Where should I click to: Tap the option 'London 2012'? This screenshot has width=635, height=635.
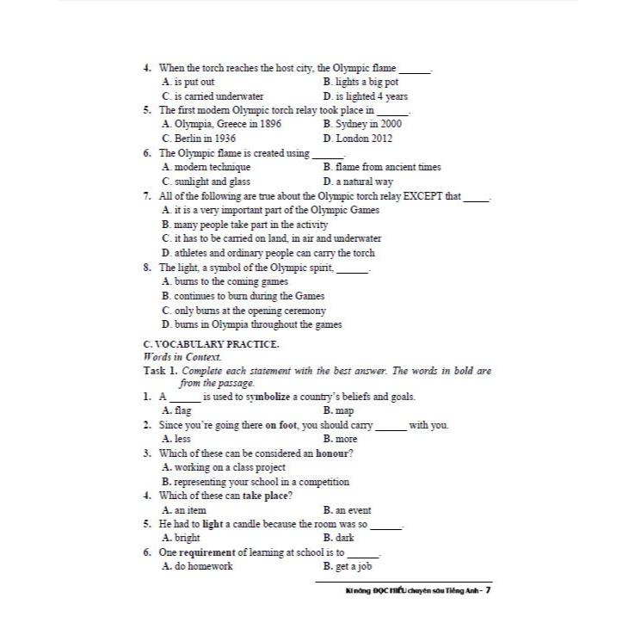[363, 138]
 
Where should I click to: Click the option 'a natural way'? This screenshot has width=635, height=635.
[363, 182]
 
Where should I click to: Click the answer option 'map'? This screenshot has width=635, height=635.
[344, 411]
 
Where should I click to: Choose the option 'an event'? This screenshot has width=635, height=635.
[353, 510]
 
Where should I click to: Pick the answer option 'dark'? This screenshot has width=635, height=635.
[344, 539]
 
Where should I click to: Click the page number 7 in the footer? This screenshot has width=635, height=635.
[488, 591]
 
